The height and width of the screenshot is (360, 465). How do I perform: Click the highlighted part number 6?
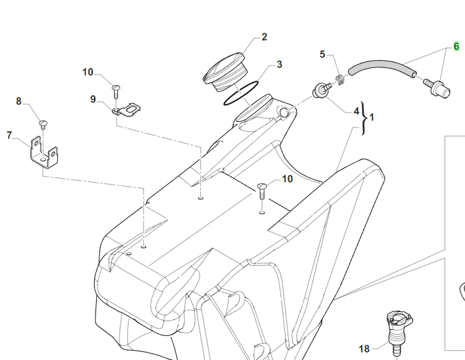point(456,47)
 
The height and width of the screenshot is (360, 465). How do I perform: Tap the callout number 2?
point(264,37)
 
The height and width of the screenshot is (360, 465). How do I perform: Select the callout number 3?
point(279,65)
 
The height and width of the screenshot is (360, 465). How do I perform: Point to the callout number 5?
point(323,53)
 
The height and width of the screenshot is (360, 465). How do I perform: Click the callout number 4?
point(356,111)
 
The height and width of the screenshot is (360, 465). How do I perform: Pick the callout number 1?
point(372,117)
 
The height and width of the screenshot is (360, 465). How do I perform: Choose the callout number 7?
point(9,135)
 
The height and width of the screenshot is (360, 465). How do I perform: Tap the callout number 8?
point(19,101)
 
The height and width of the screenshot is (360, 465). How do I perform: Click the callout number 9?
point(93,99)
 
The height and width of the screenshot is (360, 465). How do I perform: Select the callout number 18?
point(364,348)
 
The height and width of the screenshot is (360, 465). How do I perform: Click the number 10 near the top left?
point(89,72)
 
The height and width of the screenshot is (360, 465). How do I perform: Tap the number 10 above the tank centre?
point(287,179)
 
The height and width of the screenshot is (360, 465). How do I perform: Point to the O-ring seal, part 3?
point(240,94)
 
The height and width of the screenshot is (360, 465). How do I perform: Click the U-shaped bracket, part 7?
point(42,155)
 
